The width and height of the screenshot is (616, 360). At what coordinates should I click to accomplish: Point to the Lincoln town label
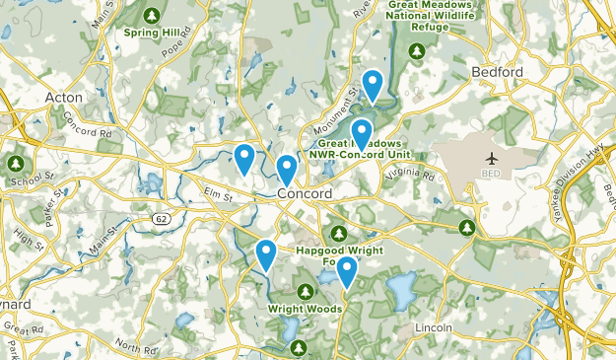click(434, 326)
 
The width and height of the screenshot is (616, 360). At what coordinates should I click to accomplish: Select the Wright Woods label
click(305, 309)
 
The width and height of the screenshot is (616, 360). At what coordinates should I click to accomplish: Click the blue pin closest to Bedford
click(373, 85)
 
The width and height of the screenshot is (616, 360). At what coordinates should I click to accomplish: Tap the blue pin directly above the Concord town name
click(286, 169)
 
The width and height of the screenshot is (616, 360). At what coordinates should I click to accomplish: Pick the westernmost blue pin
click(243, 157)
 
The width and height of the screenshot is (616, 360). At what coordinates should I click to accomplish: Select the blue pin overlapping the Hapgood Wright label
click(346, 270)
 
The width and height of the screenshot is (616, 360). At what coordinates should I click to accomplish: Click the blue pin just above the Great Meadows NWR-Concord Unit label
click(362, 133)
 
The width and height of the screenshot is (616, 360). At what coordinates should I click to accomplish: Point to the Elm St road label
click(216, 196)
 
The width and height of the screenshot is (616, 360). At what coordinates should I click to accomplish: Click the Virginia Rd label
click(410, 175)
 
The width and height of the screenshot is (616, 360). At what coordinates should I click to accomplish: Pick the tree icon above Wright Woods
click(305, 291)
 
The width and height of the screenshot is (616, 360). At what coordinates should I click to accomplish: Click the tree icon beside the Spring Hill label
click(152, 15)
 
